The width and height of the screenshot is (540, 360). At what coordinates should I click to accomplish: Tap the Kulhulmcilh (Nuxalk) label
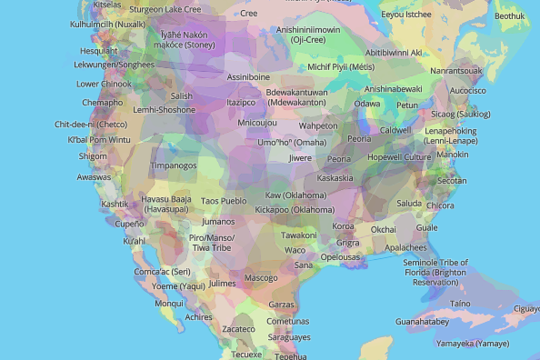pyautogui.click(x=83, y=23)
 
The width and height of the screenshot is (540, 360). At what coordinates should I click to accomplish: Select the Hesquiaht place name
pyautogui.click(x=98, y=52)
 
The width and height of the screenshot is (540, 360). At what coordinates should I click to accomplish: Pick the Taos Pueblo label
pyautogui.click(x=223, y=201)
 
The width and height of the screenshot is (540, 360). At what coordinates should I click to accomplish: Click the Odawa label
pyautogui.click(x=366, y=104)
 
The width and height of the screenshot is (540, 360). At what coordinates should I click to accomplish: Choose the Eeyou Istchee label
pyautogui.click(x=406, y=15)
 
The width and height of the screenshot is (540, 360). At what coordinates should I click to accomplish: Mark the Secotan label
pyautogui.click(x=452, y=181)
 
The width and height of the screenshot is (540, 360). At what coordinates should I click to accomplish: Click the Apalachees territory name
pyautogui.click(x=405, y=247)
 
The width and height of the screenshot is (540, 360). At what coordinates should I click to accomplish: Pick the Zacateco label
pyautogui.click(x=239, y=329)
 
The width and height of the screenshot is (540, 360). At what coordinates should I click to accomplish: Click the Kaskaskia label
pyautogui.click(x=335, y=178)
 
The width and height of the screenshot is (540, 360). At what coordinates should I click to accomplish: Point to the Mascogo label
pyautogui.click(x=261, y=277)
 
